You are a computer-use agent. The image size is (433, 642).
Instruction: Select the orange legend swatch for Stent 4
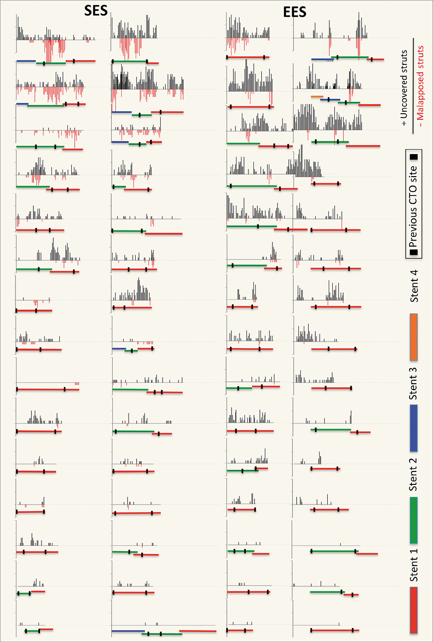(x=414, y=337)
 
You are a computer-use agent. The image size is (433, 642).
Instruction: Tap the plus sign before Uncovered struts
(x=405, y=121)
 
